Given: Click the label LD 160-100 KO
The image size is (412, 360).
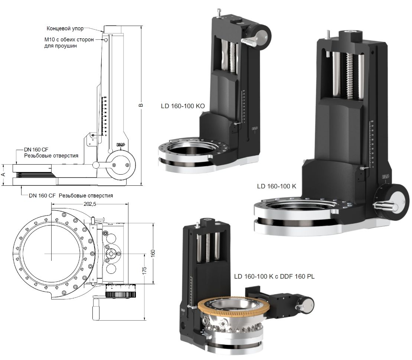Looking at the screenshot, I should tap(183, 106).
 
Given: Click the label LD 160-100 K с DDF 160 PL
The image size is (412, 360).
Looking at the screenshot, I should tap(274, 277).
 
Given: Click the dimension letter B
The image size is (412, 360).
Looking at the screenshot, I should tap(141, 106).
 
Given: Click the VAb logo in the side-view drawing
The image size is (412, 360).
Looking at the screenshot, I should tap(121, 145).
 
